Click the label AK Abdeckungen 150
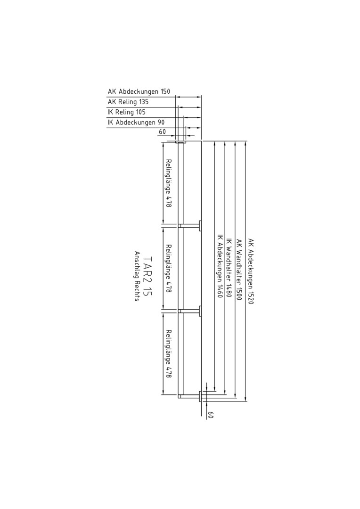pos(139,91)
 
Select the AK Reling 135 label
pos(128,102)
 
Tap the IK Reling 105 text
pos(127,112)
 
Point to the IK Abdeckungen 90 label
pos(136,123)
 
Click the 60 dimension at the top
pos(162,132)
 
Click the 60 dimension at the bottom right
pos(210,415)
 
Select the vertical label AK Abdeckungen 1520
pos(251,271)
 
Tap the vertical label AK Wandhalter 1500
pos(240,270)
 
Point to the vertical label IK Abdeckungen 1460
pos(219,266)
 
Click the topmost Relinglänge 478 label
pos(168,183)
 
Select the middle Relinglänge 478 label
pos(168,269)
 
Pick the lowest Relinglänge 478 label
pos(168,354)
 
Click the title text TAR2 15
pos(147,276)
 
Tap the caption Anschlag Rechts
pos(137,276)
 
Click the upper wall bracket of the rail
pos(189,225)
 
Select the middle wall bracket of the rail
pos(189,311)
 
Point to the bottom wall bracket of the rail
pos(189,396)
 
